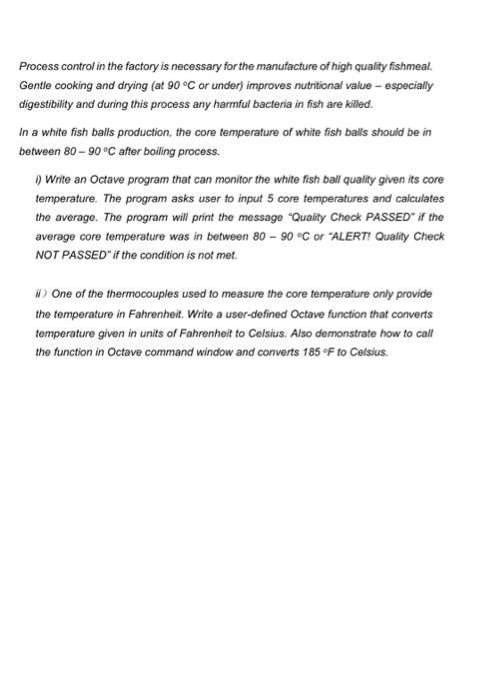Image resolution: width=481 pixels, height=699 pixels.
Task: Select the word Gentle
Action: [37, 84]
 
